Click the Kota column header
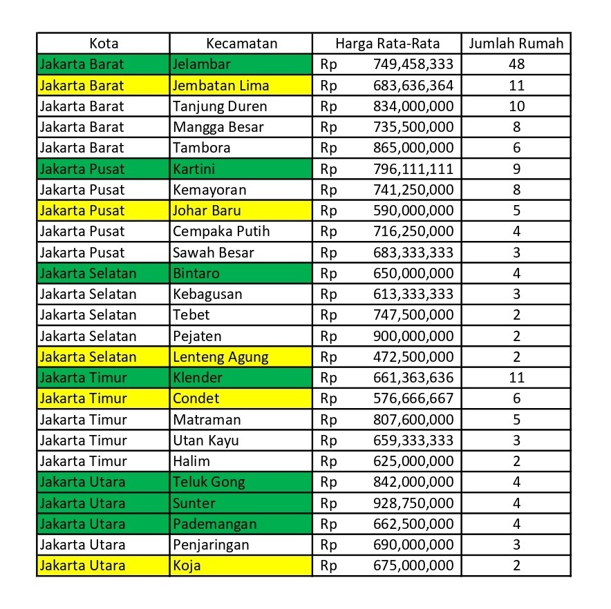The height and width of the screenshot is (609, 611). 104,43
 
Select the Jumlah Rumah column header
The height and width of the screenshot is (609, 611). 516,43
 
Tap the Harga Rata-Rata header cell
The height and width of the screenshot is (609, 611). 387,43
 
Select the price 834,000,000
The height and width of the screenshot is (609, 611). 412,106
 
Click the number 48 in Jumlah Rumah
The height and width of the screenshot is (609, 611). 516,65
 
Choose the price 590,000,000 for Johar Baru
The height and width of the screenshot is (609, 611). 412,211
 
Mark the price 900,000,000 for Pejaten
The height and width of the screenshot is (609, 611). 412,336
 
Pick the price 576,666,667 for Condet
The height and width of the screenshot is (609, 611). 412,398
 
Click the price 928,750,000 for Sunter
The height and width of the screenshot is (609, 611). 412,503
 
